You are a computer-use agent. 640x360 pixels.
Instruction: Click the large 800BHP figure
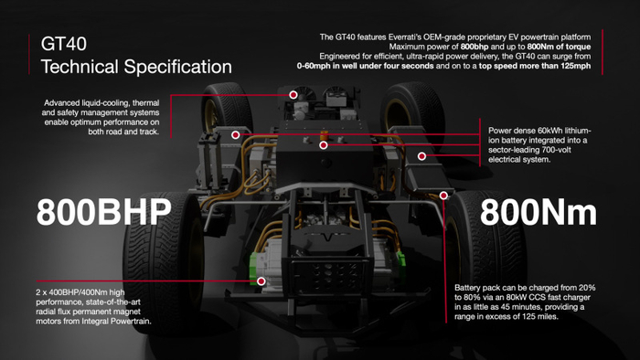click(x=103, y=212)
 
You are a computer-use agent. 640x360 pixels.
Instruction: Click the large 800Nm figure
click(x=538, y=212)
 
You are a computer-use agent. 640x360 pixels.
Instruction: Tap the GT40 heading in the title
click(x=64, y=44)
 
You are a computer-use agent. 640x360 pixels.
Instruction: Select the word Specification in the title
click(x=177, y=67)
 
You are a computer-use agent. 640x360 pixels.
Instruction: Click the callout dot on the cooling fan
click(x=293, y=95)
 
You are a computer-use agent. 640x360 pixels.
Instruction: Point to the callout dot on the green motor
click(x=261, y=281)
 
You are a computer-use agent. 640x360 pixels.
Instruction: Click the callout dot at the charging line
click(x=443, y=196)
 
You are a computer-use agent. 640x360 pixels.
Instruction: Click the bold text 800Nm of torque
click(x=559, y=47)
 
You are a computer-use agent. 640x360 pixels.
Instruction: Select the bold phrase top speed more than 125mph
click(x=535, y=66)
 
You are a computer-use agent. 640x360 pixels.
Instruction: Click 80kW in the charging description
click(x=517, y=297)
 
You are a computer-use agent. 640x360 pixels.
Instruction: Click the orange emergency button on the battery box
click(x=324, y=135)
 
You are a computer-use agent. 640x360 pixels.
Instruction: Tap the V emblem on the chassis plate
click(x=328, y=237)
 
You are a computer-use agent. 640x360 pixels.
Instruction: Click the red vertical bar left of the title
click(x=29, y=55)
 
